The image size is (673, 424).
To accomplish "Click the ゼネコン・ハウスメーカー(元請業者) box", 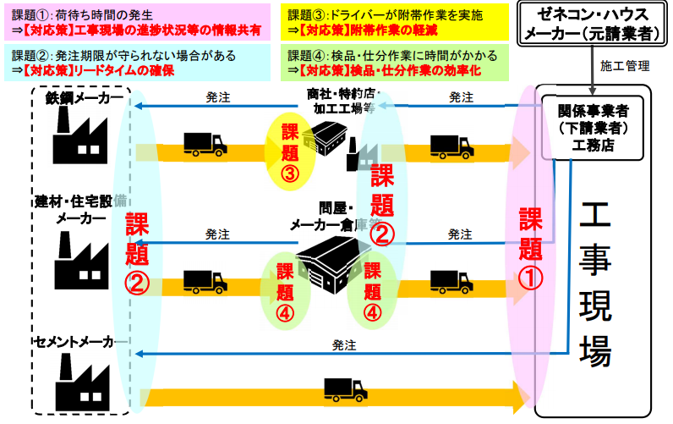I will (590, 24).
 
